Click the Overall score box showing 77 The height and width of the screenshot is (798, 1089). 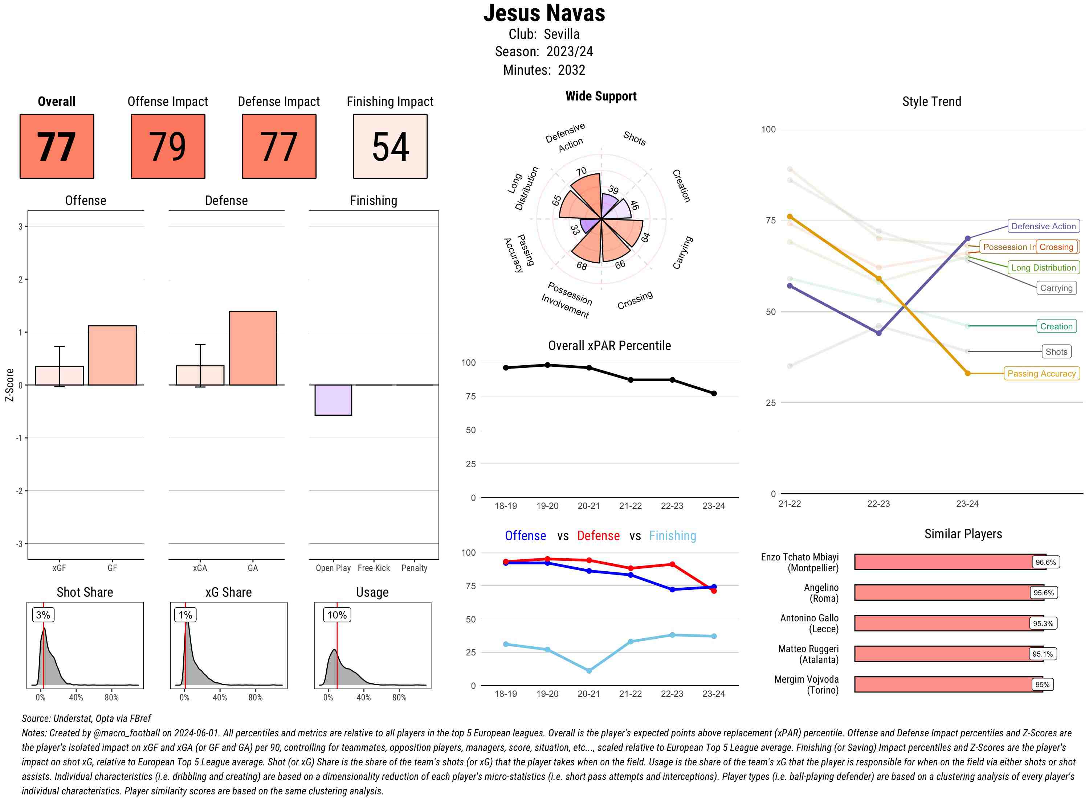point(57,147)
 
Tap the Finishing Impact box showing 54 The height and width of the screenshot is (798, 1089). point(390,147)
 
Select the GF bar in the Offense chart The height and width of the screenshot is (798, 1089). point(112,355)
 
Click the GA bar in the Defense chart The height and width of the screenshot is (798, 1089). point(253,348)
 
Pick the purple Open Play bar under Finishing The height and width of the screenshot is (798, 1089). point(333,400)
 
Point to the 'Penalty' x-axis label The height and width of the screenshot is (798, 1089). point(414,568)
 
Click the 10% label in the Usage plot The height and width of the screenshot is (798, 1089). point(337,615)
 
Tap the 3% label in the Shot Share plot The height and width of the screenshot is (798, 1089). point(43,615)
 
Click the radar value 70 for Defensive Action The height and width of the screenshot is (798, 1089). point(582,172)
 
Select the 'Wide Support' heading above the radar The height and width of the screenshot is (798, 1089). point(601,96)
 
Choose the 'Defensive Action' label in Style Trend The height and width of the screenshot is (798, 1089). point(1043,226)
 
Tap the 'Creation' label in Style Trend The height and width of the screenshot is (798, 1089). point(1056,326)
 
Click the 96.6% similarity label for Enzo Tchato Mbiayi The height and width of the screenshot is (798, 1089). point(1045,562)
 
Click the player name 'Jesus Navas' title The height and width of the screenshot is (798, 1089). point(544,13)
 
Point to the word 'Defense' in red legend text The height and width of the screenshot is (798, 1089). point(598,536)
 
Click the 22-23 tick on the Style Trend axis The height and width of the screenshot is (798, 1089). point(878,503)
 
